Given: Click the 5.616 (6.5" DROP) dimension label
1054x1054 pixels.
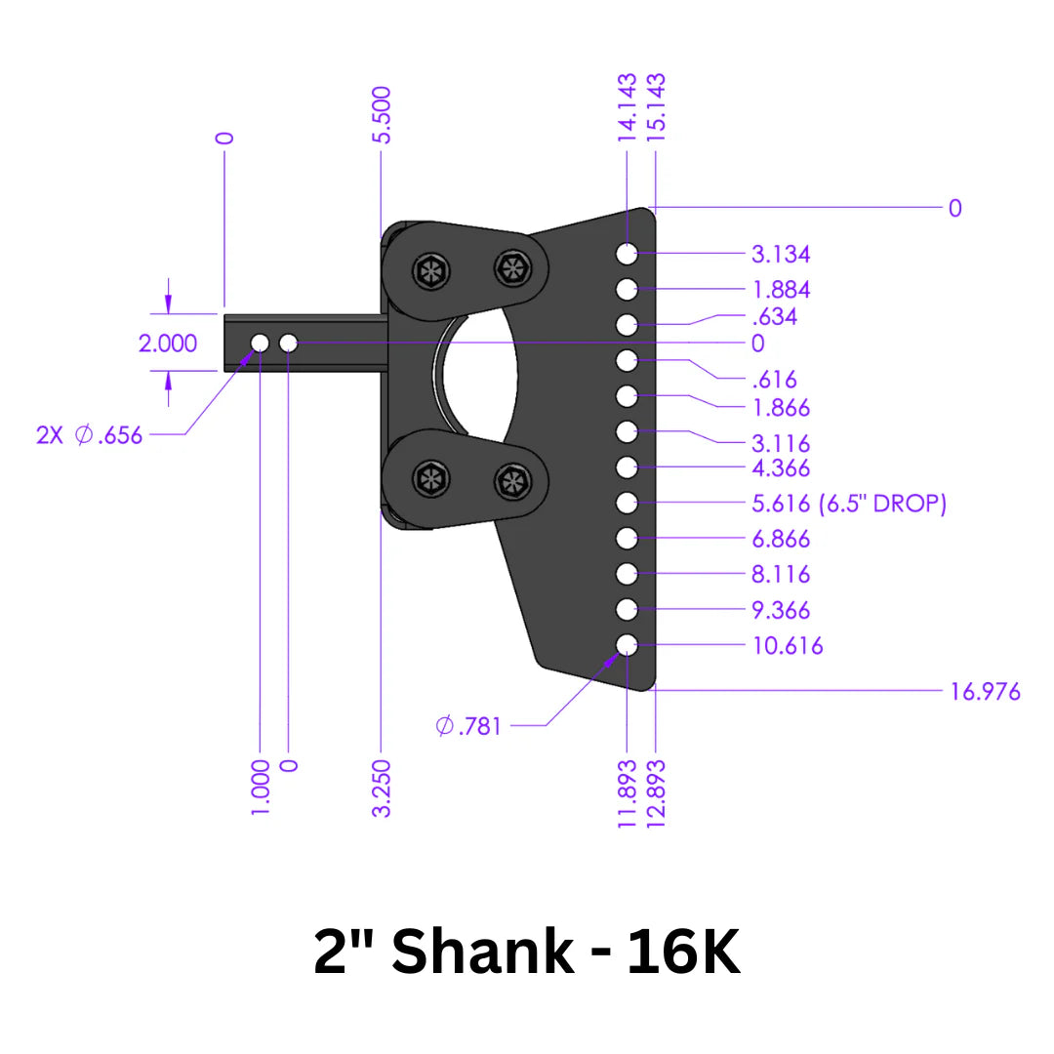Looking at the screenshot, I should [848, 504].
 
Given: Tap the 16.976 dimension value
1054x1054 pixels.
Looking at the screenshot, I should [986, 692].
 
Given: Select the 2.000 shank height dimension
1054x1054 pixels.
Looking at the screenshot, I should [168, 344].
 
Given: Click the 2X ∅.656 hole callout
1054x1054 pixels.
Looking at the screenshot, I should [90, 435].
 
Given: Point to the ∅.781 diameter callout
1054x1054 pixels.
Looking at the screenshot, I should [468, 726].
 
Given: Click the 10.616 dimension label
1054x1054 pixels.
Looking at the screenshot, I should [787, 645].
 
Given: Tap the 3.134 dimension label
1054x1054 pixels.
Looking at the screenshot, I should [781, 255].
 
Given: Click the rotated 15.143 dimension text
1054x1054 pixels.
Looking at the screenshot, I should [656, 107].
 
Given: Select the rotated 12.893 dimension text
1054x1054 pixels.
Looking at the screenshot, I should [656, 794].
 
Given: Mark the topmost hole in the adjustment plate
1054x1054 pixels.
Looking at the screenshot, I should [627, 254].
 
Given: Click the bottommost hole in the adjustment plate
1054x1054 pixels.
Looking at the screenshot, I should [627, 644].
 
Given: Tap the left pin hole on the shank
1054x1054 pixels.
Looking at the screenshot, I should [260, 343].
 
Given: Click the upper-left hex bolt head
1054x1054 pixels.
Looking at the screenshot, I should [429, 272].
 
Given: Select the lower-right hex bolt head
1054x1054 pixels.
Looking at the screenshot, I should [511, 480].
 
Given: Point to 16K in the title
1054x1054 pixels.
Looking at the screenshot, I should [683, 953].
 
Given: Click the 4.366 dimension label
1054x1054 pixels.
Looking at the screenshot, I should [781, 468].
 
